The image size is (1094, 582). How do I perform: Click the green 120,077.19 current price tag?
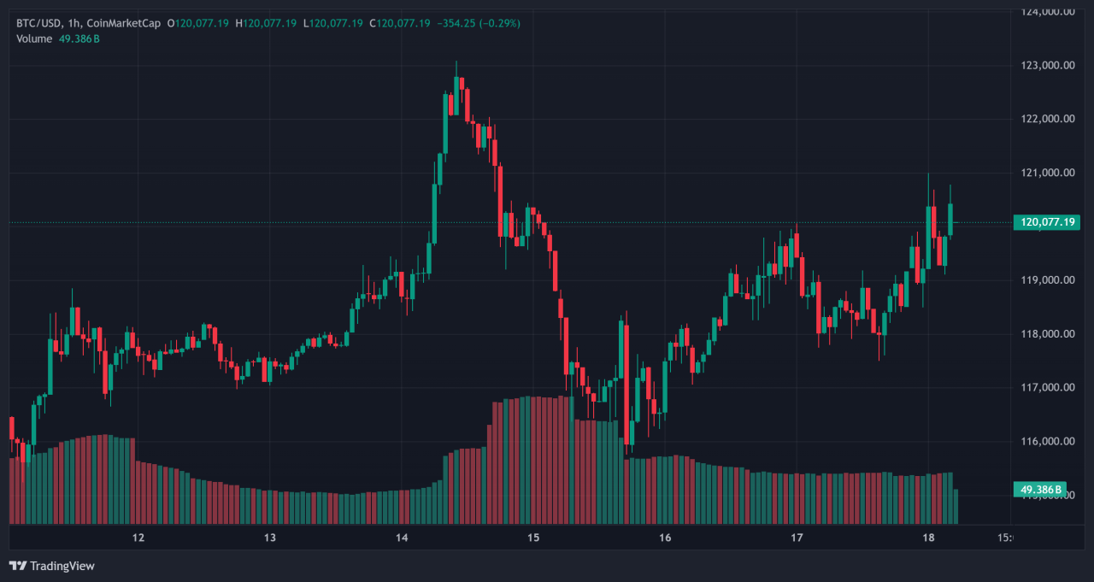click(x=1047, y=222)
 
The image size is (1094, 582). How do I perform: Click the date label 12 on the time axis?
click(x=138, y=538)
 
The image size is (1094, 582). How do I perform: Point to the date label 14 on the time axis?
click(x=402, y=538)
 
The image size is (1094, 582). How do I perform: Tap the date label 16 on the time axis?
click(x=665, y=538)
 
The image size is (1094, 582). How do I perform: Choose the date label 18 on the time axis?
click(x=928, y=538)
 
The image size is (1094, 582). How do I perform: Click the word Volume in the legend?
click(x=34, y=38)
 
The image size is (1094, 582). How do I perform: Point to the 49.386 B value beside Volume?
click(x=79, y=38)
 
